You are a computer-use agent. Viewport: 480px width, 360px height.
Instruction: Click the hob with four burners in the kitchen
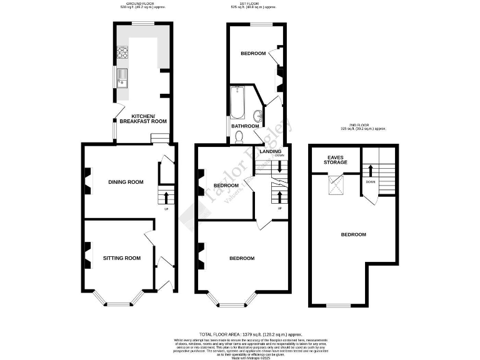(x=121, y=53)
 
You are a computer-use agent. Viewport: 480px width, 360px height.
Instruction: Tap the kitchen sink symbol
(x=121, y=78)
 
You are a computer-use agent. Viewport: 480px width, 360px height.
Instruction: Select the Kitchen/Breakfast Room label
(x=147, y=119)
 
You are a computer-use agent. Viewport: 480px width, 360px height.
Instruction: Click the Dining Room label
(x=126, y=182)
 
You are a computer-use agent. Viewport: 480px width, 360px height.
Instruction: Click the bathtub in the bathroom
(x=237, y=103)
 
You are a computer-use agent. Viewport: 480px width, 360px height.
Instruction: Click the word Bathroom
(x=245, y=126)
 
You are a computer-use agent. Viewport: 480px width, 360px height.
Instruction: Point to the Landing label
(x=271, y=151)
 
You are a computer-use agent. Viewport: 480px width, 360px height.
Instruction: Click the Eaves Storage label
(x=335, y=160)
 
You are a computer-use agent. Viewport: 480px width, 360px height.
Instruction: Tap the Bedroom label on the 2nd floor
(x=353, y=234)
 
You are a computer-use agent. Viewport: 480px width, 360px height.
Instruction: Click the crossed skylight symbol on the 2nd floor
(x=337, y=183)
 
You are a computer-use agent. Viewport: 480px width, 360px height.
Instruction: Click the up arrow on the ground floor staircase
(x=166, y=199)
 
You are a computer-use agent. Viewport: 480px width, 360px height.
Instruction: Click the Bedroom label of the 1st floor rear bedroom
(x=254, y=54)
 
